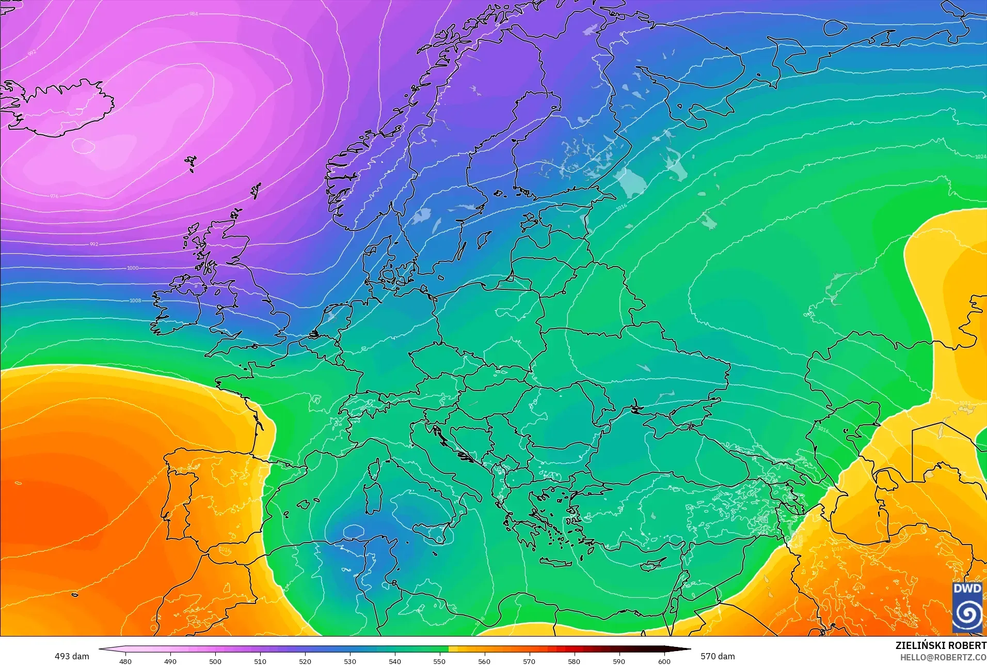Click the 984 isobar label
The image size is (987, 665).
[x=194, y=14]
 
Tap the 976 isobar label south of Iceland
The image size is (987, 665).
[x=54, y=196]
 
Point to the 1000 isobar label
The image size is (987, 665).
[x=133, y=268]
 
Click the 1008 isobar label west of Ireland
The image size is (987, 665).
[x=135, y=301]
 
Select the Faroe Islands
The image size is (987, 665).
[x=192, y=163]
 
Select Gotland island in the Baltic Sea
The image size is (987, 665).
[x=484, y=239]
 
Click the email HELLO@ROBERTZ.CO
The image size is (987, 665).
[x=943, y=658]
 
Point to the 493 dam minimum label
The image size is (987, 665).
[x=72, y=656]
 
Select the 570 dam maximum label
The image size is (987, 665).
[x=718, y=656]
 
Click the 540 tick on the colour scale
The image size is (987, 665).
[x=395, y=661]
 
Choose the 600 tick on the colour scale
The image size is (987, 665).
[x=664, y=661]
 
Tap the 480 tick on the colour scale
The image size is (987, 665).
[x=125, y=661]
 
